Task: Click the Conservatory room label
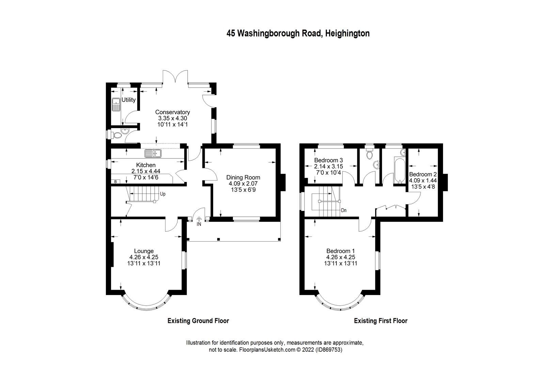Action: pos(172,112)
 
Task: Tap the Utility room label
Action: pos(128,100)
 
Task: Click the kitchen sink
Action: pos(152,154)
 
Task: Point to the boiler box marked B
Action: pos(115,182)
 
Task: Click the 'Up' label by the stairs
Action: pos(163,194)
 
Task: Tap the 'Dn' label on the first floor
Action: pos(344,210)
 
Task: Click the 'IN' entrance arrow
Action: pos(199,222)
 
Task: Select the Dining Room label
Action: pos(243,177)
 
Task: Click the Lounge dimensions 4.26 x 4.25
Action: pos(144,257)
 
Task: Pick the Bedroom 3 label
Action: pos(328,160)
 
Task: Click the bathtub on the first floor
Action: pos(398,170)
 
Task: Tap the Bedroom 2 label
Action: pos(423,174)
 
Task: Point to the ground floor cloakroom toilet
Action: pos(117,135)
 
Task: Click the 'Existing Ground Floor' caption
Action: pos(198,321)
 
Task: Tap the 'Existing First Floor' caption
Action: pos(380,321)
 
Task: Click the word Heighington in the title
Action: pos(347,33)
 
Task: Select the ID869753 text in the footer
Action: pos(329,350)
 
